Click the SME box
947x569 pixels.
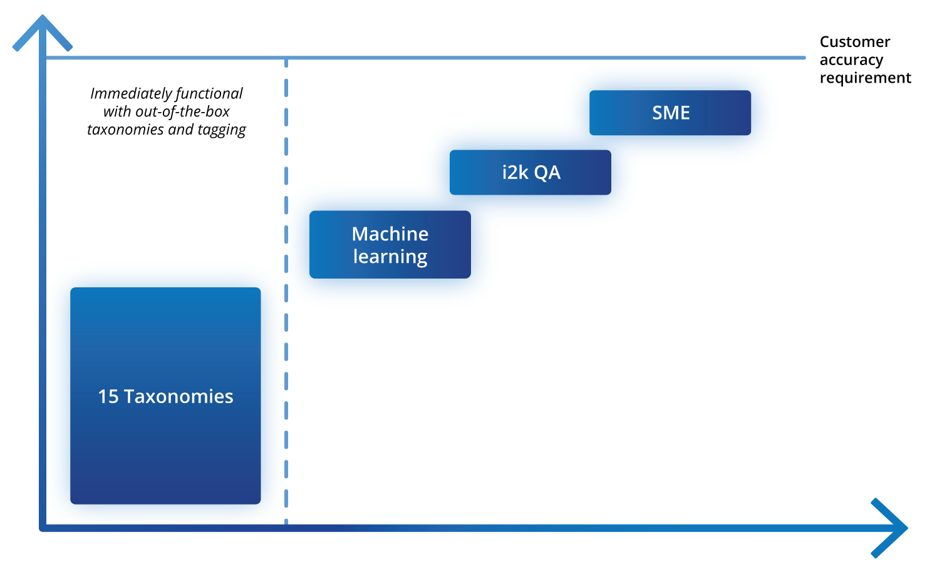click(670, 113)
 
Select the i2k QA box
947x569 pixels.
click(530, 172)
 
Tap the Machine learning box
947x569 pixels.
click(390, 245)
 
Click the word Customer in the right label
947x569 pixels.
click(854, 42)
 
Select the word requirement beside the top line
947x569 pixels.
click(865, 78)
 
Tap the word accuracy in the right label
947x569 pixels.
click(851, 60)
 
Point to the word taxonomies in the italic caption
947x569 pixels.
click(125, 130)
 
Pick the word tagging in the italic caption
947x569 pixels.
click(222, 130)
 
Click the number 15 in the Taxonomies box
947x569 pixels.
click(108, 396)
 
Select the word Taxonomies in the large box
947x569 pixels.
click(179, 396)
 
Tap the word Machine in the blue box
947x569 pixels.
click(390, 233)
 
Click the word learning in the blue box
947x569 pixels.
click(390, 257)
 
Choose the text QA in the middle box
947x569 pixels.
click(547, 172)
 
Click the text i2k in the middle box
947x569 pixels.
click(515, 172)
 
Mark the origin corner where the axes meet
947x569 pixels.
click(43, 528)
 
